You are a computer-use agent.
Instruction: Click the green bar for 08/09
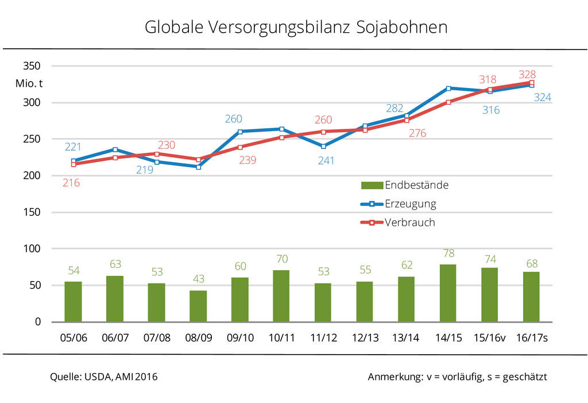coord(198,306)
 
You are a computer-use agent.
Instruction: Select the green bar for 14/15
coord(448,293)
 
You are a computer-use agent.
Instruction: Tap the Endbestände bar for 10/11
coord(281,296)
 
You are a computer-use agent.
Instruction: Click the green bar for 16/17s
coord(531,297)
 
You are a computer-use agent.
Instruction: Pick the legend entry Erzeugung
coord(410,204)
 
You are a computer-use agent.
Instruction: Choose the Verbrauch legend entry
coord(409,222)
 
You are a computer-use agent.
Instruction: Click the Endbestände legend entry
coord(416,185)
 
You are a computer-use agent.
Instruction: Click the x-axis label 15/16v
coord(489,338)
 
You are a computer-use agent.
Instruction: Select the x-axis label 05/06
coord(73,338)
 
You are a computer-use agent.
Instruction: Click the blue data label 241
coord(326,161)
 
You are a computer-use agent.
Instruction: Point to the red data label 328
coord(527,75)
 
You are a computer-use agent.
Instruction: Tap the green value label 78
coord(448,253)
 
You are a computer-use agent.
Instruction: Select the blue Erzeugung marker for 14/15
coord(448,88)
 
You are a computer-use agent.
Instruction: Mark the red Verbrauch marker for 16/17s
coord(531,82)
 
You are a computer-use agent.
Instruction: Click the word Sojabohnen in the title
coord(402,27)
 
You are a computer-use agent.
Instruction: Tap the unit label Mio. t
coord(29,84)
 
